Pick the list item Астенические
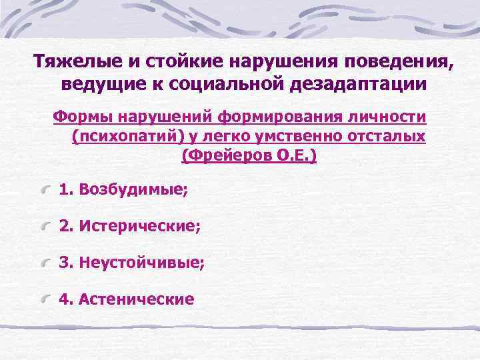click(136, 299)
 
